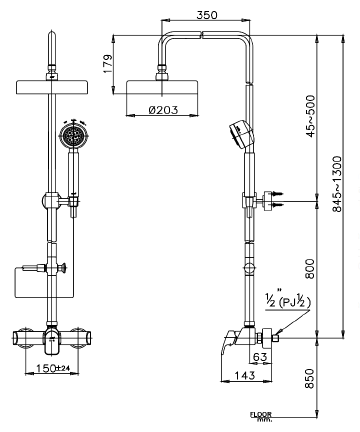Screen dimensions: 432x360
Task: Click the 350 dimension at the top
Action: point(206,17)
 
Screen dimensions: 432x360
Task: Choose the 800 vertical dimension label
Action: point(310,269)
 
